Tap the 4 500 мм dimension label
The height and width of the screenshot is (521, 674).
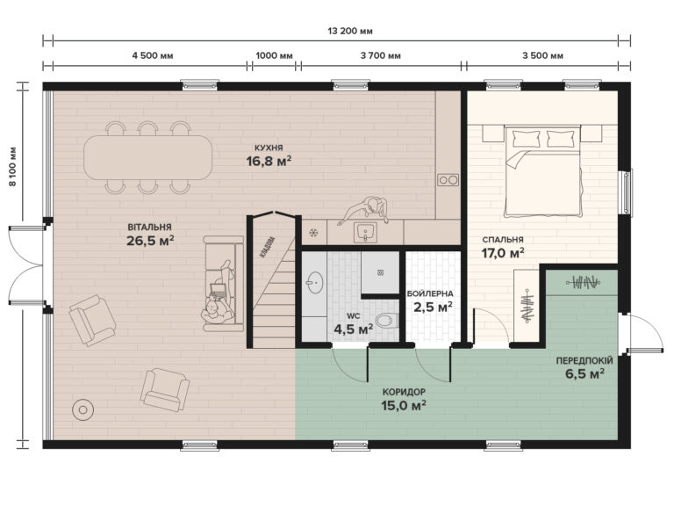click(153, 55)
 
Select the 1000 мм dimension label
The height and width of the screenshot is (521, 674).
click(274, 55)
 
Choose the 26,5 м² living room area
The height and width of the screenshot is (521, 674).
click(150, 240)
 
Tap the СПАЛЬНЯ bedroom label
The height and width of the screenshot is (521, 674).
click(502, 239)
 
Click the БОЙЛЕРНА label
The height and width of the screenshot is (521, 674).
click(430, 293)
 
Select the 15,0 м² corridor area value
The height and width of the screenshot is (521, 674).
click(404, 405)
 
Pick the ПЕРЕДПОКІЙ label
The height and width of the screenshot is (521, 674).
click(584, 360)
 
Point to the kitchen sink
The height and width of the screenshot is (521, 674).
click(366, 232)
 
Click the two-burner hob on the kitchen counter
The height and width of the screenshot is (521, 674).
click(448, 179)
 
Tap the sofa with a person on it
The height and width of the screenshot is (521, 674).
click(219, 283)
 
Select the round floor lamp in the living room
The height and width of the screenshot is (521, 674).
click(83, 409)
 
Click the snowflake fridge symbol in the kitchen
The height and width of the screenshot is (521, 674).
click(312, 233)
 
